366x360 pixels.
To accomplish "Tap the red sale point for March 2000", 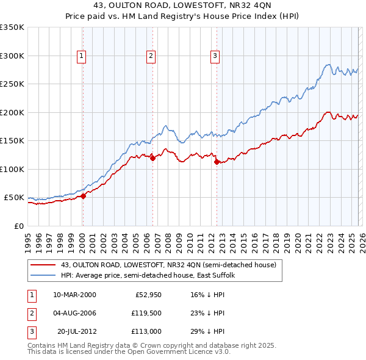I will pyautogui.click(x=84, y=196).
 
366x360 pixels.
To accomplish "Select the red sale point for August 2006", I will pyautogui.click(x=152, y=158).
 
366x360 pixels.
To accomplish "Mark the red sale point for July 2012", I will pyautogui.click(x=217, y=162).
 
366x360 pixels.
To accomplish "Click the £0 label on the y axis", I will pyautogui.click(x=18, y=226).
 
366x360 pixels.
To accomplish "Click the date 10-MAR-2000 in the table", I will pyautogui.click(x=74, y=295).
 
